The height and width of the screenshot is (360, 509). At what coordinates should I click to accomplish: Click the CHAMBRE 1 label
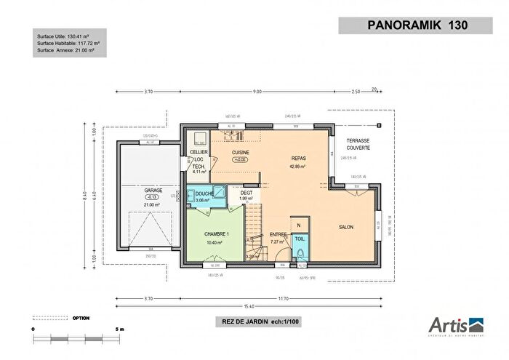(217, 233)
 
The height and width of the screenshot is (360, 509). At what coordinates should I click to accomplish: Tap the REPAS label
(298, 158)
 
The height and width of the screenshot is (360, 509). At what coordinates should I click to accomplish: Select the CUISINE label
(241, 153)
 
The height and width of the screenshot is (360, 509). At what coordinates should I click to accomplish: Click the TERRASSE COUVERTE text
(358, 144)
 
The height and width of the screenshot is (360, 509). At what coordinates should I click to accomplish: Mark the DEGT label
(247, 193)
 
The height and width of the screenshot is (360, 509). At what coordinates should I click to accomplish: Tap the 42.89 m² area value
(298, 167)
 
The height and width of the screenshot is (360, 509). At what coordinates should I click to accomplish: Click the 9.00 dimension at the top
(257, 92)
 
